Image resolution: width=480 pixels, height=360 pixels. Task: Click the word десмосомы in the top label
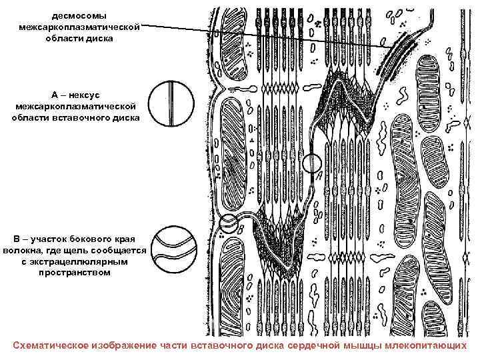point(79,15)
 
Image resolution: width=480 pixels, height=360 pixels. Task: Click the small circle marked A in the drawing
point(312,163)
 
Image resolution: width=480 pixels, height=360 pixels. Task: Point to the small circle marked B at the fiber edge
point(229,223)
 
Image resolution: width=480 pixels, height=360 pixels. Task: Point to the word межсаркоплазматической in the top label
point(79,27)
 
